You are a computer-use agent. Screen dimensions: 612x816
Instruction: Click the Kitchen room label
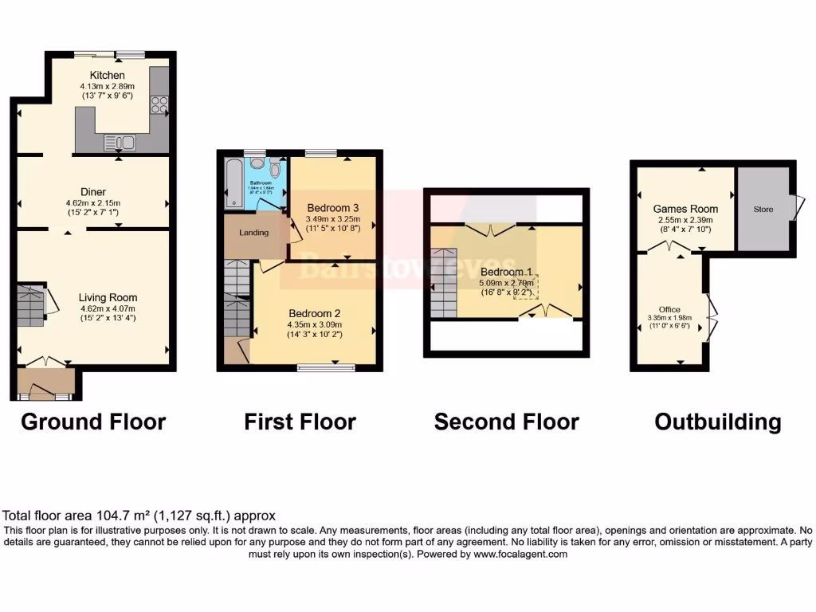[x=107, y=75]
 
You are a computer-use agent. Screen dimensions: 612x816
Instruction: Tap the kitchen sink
[x=120, y=143]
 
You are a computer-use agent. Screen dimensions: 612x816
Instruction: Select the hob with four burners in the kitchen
[x=159, y=104]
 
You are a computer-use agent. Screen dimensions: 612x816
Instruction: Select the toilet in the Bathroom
[x=275, y=169]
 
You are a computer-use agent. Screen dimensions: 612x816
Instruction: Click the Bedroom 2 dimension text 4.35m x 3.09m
[x=315, y=324]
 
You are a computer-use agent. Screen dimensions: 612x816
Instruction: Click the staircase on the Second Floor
[x=445, y=283]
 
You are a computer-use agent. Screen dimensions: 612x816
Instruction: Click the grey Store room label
[x=763, y=210]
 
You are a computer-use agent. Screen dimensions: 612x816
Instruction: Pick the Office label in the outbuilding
[x=669, y=309]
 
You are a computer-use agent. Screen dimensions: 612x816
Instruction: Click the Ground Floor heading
[x=92, y=422]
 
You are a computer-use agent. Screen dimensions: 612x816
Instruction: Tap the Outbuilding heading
[x=717, y=422]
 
